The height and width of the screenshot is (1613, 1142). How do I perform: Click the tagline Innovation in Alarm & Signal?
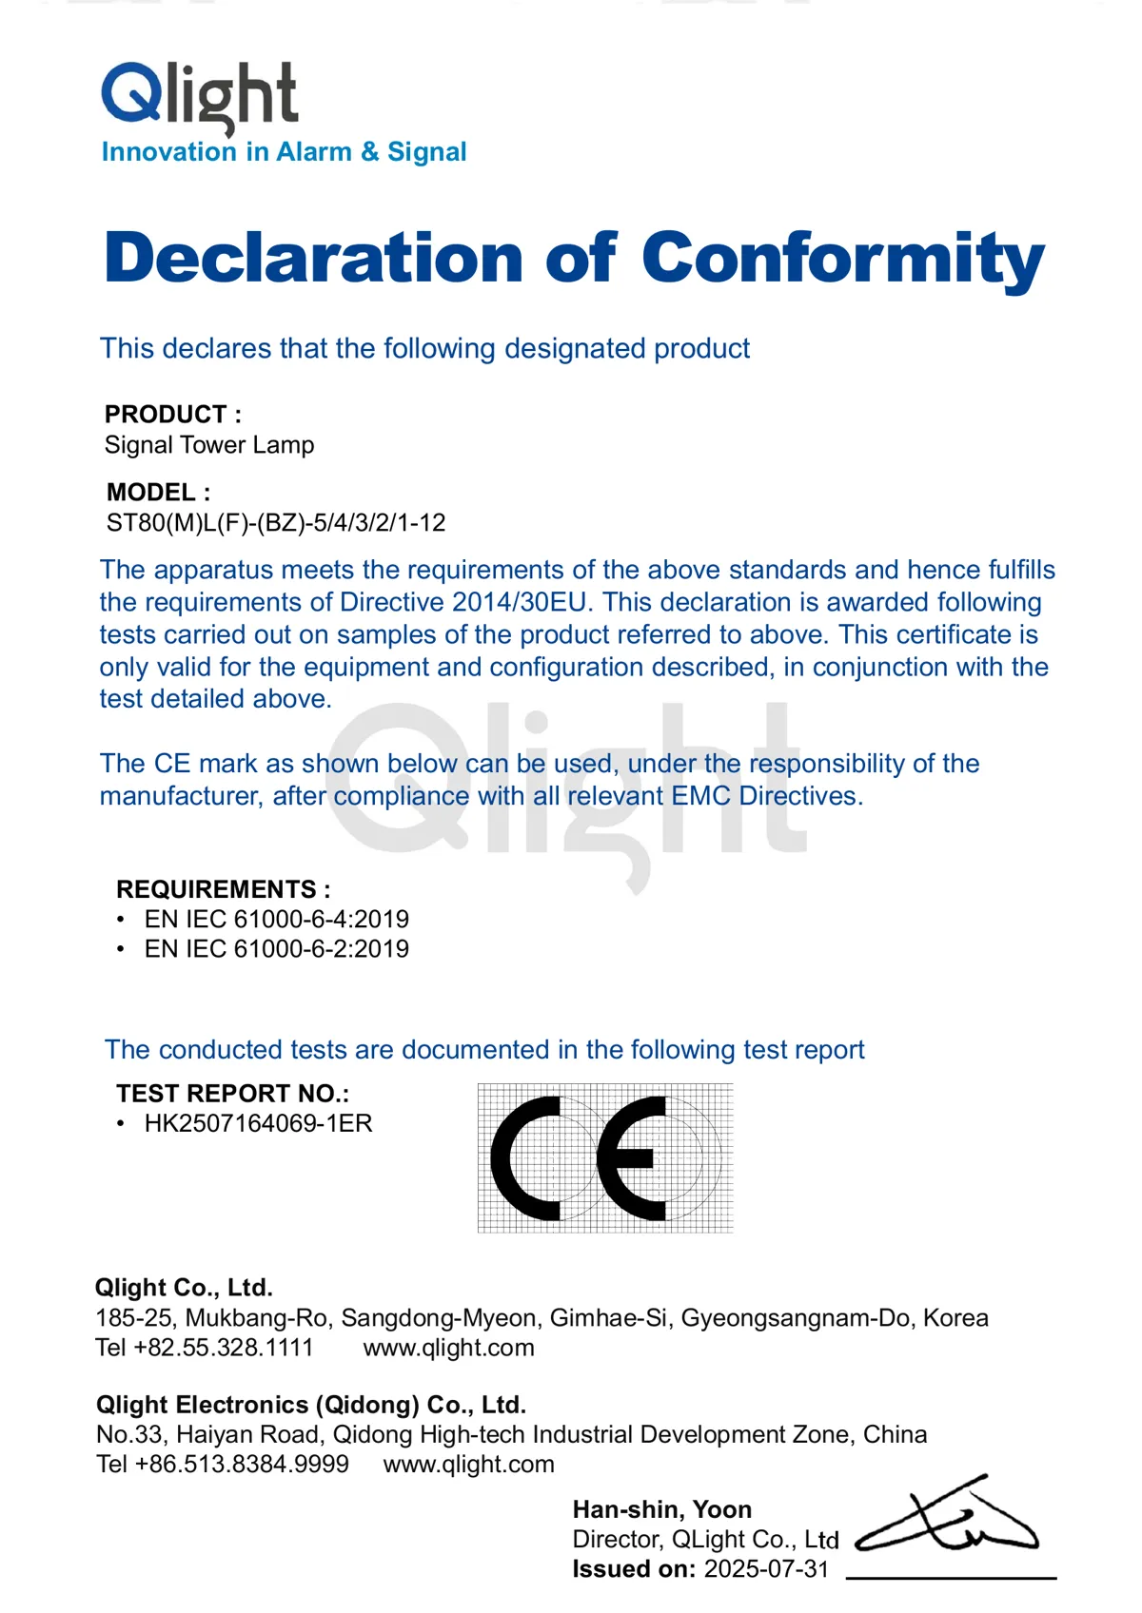(x=284, y=152)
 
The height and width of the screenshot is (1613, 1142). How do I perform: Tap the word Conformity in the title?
(x=842, y=259)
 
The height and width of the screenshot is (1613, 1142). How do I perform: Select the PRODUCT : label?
(x=172, y=415)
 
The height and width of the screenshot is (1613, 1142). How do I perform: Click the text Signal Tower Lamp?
(x=209, y=445)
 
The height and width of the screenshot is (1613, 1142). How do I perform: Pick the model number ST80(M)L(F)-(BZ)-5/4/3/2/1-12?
(x=276, y=523)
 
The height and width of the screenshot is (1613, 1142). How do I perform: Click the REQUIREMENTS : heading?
(x=223, y=889)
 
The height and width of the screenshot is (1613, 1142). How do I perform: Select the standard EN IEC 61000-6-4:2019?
(x=276, y=920)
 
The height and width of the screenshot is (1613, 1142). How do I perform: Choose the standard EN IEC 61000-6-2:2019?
(x=276, y=949)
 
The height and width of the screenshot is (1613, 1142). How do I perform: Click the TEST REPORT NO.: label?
(x=232, y=1094)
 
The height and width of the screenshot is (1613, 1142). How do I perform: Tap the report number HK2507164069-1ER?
(x=258, y=1123)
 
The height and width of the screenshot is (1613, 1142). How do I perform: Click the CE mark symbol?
(x=604, y=1158)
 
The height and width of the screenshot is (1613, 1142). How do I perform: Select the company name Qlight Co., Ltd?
(x=184, y=1288)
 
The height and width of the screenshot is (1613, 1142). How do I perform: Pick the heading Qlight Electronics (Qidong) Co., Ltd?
(x=311, y=1405)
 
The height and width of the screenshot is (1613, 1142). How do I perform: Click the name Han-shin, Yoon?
(x=662, y=1509)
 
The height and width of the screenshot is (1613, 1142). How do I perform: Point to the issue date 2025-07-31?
(x=766, y=1569)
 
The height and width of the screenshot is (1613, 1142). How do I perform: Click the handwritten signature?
(x=947, y=1520)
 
